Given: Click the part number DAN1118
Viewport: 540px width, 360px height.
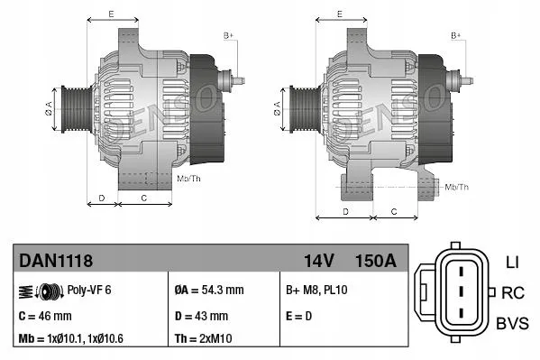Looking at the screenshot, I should [x=56, y=261].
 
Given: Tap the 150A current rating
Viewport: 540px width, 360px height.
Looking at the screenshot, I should [x=375, y=261].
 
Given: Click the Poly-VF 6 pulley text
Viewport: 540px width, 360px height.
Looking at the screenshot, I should [x=91, y=291].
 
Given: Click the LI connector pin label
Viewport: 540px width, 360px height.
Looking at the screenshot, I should [x=512, y=263].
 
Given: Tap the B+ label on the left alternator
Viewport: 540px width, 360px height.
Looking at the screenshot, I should [x=228, y=34].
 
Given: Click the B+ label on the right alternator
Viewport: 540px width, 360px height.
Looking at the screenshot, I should [x=455, y=34].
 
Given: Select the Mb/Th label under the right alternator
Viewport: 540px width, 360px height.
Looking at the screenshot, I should [x=457, y=187].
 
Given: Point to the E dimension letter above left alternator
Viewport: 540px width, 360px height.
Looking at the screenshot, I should [x=110, y=14].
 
